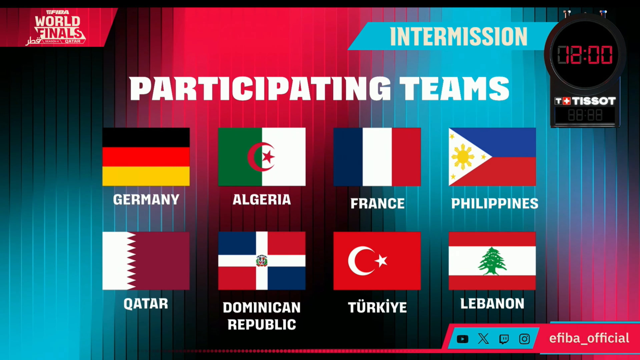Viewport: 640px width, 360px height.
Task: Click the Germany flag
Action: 146,156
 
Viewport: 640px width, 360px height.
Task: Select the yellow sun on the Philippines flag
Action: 463,157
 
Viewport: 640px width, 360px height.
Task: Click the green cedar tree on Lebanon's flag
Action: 492,261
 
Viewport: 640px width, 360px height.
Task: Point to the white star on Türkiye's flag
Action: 381,261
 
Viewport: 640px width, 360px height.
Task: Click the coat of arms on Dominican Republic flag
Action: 261,261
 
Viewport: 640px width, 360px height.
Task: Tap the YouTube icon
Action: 462,339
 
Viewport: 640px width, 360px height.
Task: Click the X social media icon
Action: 483,339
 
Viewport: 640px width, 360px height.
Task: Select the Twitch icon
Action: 504,339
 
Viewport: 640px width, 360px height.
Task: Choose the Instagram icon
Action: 524,339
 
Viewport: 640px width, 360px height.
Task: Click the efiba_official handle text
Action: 589,338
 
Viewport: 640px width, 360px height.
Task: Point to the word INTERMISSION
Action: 459,36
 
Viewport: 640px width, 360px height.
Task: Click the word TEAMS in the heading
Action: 454,89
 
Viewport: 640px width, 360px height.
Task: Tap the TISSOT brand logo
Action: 585,101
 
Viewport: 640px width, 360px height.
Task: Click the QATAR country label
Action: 146,304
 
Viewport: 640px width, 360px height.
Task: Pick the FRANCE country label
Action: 378,204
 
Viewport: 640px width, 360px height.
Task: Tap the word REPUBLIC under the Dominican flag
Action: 262,324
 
